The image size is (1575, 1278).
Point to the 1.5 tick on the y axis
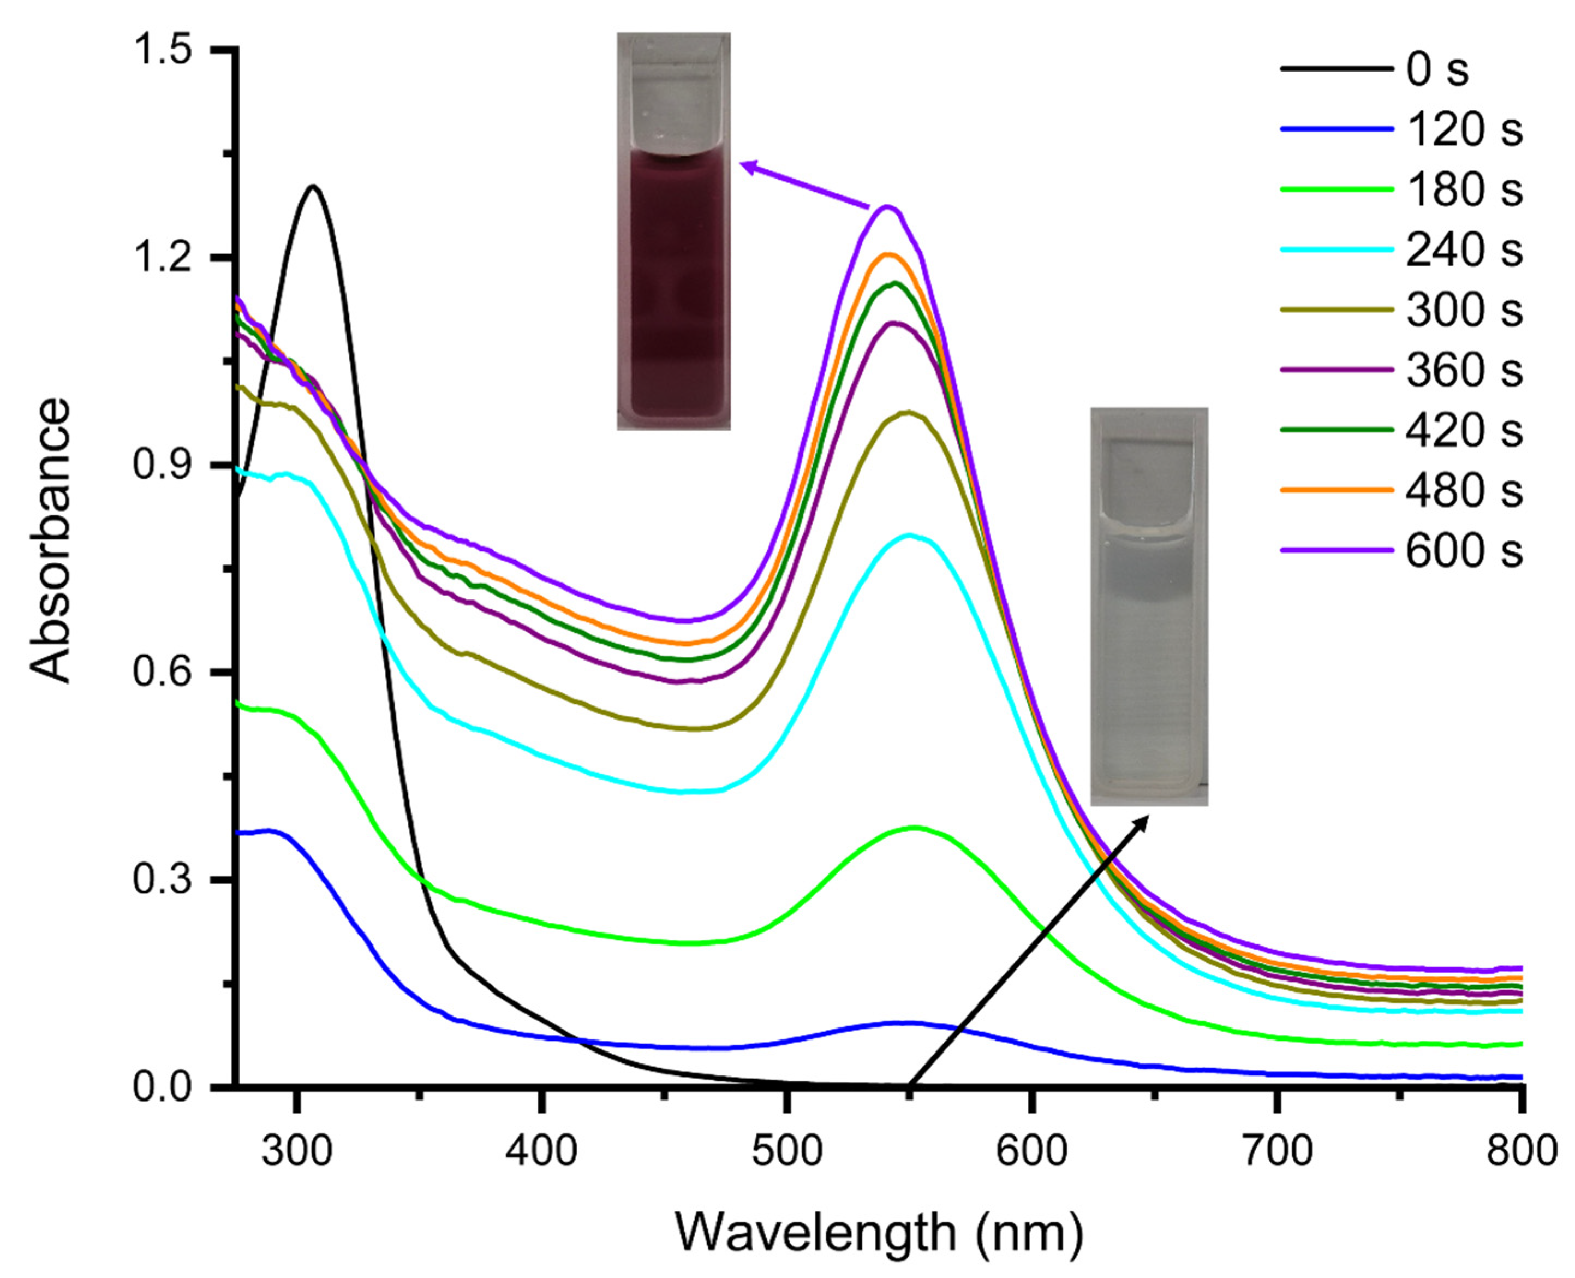pyautogui.click(x=163, y=50)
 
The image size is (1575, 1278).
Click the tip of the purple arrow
pyautogui.click(x=742, y=164)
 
